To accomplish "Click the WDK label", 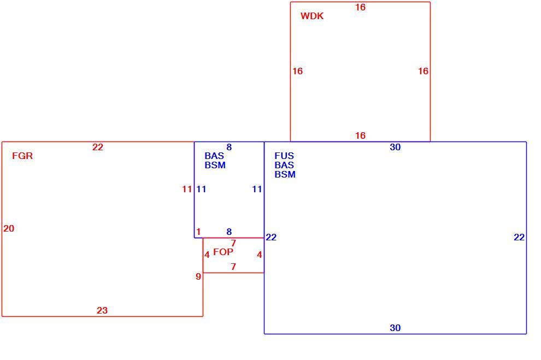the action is [312, 16].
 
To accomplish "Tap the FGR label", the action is [22, 156].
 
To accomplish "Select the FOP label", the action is [223, 252].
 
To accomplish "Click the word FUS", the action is [284, 156].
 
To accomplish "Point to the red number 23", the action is [102, 310].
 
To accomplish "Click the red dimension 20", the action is [9, 228].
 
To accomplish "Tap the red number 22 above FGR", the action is [98, 147].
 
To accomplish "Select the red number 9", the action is [198, 276].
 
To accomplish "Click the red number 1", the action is [198, 232].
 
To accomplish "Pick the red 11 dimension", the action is [187, 189].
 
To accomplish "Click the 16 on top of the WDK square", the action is [360, 7].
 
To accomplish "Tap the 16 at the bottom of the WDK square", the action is [360, 135].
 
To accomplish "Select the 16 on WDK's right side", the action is [424, 71].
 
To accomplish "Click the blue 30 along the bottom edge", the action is [396, 328].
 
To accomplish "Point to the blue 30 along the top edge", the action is [396, 147].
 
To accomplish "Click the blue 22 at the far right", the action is [519, 237].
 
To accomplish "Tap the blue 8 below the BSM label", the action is [229, 232].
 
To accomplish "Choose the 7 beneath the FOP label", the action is [233, 267].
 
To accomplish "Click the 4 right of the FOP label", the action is [260, 255].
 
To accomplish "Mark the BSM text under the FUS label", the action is [285, 174].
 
